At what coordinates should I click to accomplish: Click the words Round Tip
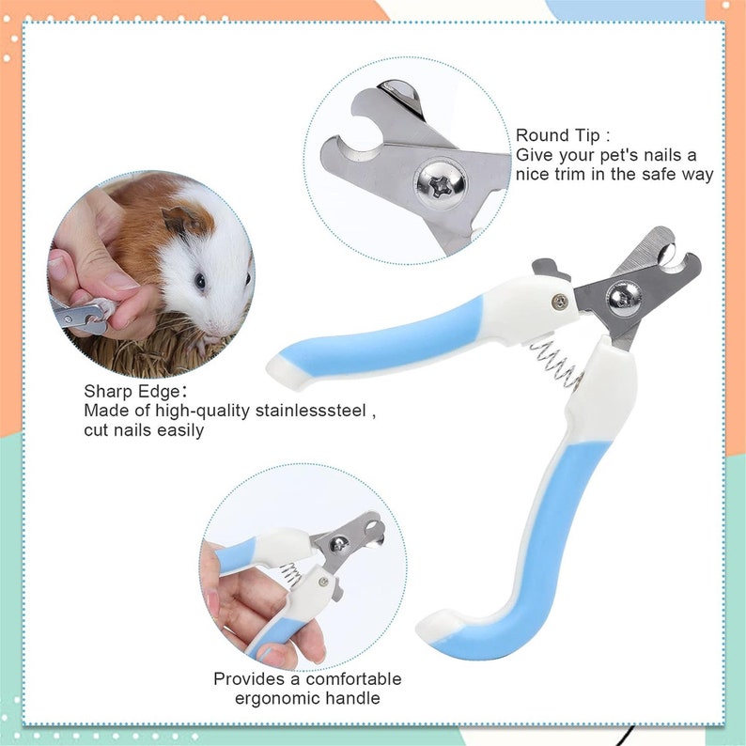click(557, 136)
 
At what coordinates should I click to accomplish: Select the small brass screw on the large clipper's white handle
click(559, 302)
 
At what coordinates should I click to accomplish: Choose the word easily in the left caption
click(172, 430)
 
